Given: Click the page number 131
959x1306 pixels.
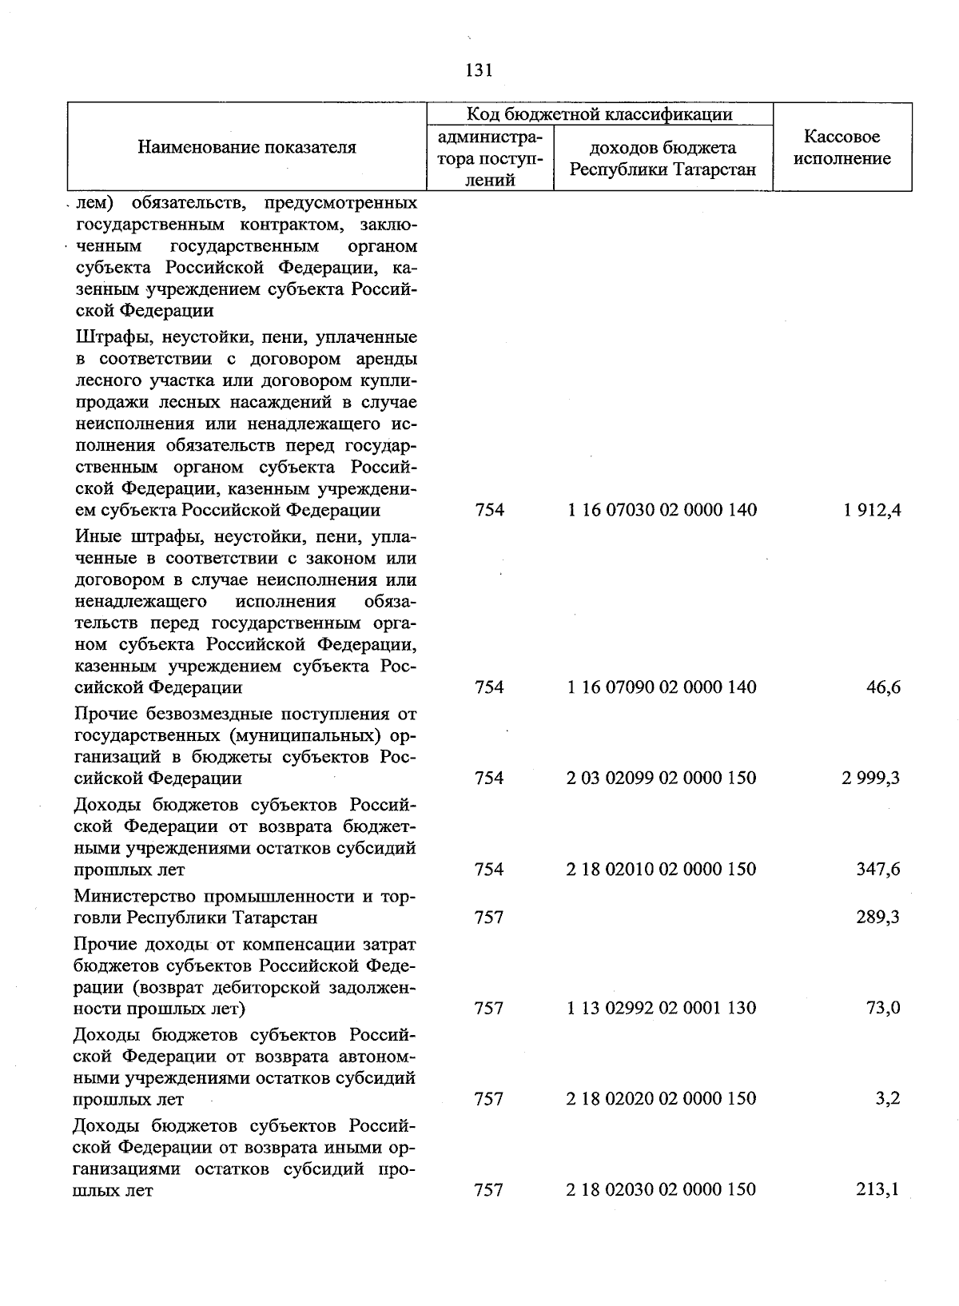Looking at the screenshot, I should point(478,70).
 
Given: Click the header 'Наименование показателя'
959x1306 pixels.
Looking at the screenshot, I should point(246,147).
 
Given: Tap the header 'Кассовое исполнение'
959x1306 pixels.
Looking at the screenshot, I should point(842,148).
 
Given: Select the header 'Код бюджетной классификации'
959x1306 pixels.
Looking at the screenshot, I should point(599,114).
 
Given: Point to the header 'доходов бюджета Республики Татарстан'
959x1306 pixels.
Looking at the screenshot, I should point(663,158).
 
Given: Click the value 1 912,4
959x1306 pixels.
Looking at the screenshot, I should point(871,510).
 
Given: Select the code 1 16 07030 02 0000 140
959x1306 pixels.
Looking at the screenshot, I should point(663,510).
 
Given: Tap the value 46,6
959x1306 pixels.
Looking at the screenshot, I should point(884,687).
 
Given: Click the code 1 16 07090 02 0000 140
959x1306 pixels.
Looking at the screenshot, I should point(663,687).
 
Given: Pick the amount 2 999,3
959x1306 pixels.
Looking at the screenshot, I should point(871,778).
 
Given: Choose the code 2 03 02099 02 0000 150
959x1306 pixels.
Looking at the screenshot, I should point(663,778).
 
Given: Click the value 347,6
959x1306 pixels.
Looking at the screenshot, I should point(878,869).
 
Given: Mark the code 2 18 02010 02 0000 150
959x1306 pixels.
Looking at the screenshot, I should point(663,869).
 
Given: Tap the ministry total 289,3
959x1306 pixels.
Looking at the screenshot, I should point(878,917).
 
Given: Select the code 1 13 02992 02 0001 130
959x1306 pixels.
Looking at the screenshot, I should point(663,1008).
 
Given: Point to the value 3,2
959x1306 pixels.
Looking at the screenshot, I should point(888,1099).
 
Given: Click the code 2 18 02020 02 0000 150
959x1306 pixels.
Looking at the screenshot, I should point(663,1099).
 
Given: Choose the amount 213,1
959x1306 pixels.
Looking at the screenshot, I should point(878,1189).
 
